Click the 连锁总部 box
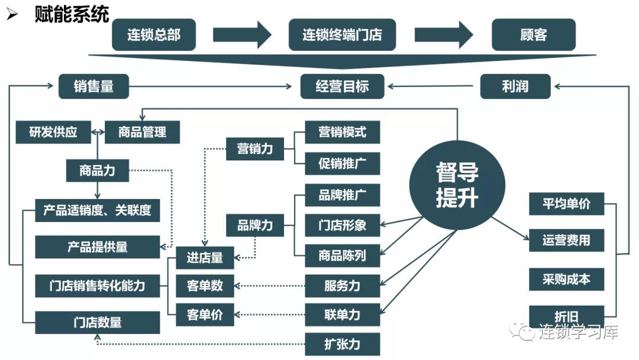coord(153,34)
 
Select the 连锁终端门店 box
coord(342,34)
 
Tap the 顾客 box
coord(533,34)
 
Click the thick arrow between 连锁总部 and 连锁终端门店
coord(242,34)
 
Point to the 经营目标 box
coord(342,86)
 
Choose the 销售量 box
coord(93,86)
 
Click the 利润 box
coord(515,86)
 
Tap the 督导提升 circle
coord(457,185)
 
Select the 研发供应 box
coord(53,132)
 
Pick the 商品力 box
coord(97,171)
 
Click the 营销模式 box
coord(342,132)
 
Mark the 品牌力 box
coord(255,226)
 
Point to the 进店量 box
coord(205,258)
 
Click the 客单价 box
coord(205,314)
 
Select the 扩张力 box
coord(342,344)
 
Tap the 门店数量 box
coord(97,323)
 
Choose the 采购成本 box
coord(566,278)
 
